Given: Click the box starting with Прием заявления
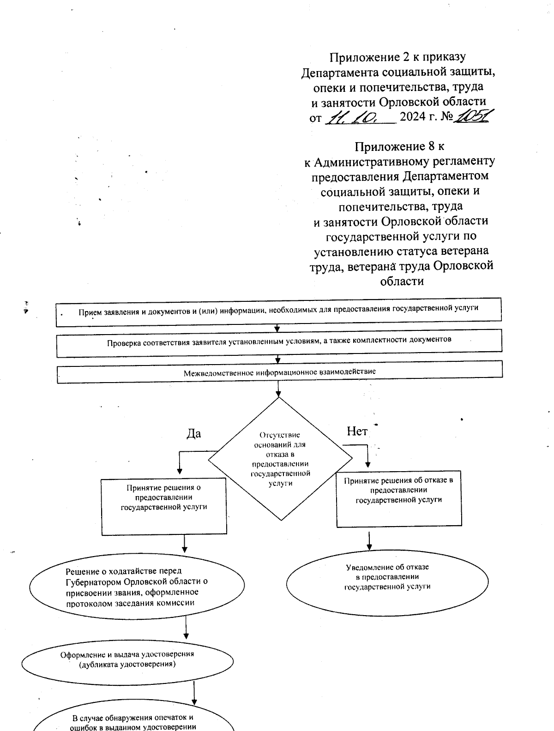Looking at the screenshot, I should tap(278, 312).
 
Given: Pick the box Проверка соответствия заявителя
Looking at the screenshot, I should tap(279, 343).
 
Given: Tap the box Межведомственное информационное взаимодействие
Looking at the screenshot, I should tap(279, 371).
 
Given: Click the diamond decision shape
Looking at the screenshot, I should tap(280, 459).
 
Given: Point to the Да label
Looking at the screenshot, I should tap(193, 434).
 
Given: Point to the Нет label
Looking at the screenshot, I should tap(357, 431).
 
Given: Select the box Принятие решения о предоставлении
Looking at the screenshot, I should tap(164, 506).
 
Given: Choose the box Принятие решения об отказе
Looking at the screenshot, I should tap(399, 498).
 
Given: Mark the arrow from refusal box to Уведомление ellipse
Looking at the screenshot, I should tap(369, 541).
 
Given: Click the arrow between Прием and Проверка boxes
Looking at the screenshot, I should tap(277, 328).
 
